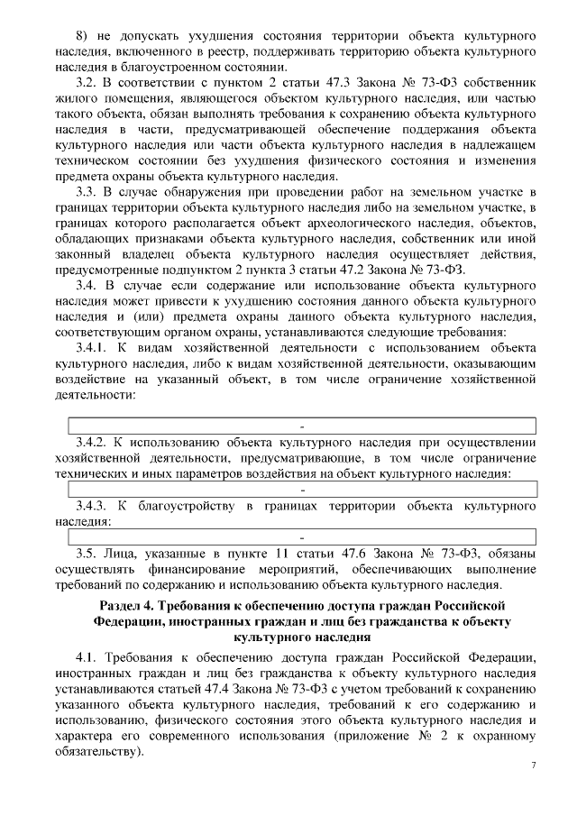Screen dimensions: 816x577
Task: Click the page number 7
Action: tap(533, 765)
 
